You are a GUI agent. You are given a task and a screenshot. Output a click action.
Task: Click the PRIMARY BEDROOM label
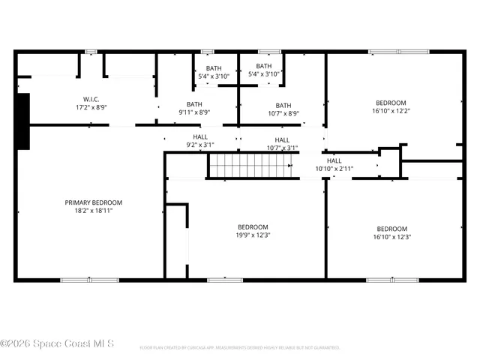93,202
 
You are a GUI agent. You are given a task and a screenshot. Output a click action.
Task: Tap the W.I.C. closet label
91,99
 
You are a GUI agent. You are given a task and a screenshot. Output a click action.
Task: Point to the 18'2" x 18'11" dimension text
93,211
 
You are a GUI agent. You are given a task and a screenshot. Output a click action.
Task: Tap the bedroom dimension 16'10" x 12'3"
391,237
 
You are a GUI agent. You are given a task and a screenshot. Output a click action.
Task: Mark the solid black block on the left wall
22,121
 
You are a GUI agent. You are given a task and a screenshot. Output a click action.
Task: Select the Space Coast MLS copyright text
57,343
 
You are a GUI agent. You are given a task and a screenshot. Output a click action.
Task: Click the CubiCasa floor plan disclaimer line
240,348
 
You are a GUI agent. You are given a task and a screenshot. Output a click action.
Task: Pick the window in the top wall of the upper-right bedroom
398,52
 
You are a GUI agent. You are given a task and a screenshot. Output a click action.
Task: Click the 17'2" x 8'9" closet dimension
91,108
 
